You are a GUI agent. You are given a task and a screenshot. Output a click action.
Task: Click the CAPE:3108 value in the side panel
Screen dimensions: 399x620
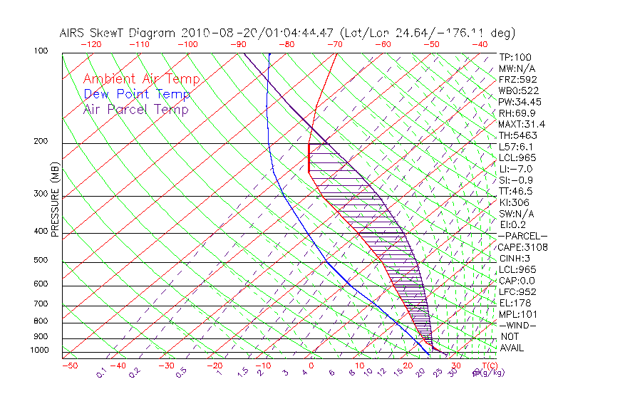(x=522, y=247)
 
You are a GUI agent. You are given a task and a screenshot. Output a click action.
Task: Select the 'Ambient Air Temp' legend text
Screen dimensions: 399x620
(x=142, y=80)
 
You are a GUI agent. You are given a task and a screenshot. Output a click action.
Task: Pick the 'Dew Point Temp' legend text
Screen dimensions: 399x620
(x=137, y=95)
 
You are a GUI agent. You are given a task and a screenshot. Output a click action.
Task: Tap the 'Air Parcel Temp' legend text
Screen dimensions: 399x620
(x=136, y=110)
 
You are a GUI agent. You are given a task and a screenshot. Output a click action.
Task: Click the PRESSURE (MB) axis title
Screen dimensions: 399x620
(x=55, y=203)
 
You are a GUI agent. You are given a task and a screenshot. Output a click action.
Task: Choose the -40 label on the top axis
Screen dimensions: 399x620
(x=480, y=44)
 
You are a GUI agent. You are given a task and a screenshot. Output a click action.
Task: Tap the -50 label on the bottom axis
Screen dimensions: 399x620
(x=69, y=366)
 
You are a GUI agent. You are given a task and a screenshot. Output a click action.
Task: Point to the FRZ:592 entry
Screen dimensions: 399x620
(x=518, y=79)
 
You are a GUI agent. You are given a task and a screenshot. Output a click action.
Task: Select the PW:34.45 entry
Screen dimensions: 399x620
(x=518, y=102)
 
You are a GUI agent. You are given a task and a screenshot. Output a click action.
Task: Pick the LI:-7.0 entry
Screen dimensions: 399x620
(x=515, y=169)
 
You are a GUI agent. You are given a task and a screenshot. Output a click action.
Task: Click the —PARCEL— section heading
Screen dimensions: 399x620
(x=522, y=236)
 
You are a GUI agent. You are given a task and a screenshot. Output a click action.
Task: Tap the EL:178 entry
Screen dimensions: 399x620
(x=513, y=303)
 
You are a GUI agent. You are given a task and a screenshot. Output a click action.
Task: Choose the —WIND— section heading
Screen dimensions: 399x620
(x=518, y=325)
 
